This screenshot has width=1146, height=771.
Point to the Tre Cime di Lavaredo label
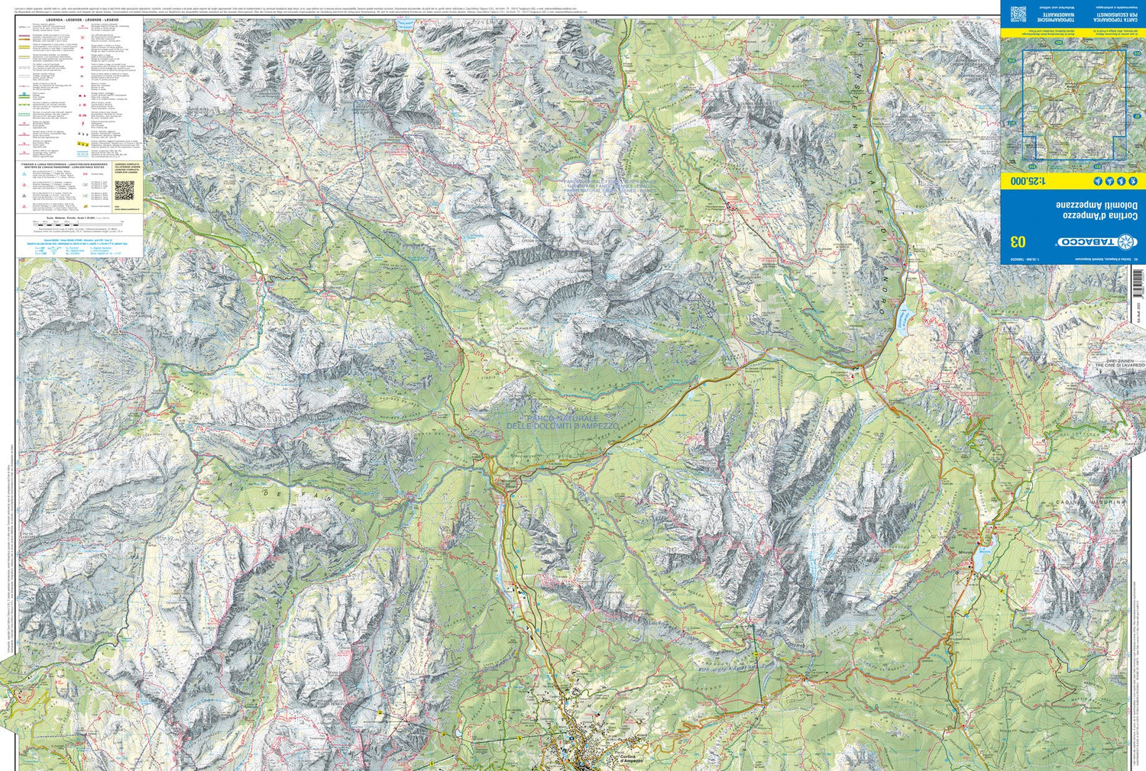click(1118, 364)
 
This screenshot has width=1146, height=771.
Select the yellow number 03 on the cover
click(1018, 242)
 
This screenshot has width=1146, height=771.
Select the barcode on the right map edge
click(1138, 282)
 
